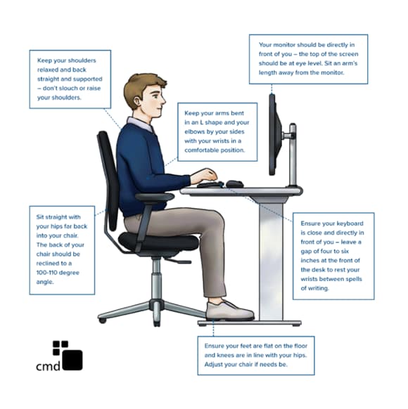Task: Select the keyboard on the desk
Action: (x=209, y=185)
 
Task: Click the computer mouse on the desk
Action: (x=234, y=184)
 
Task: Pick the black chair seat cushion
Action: (x=158, y=242)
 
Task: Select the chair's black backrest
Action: (x=109, y=176)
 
